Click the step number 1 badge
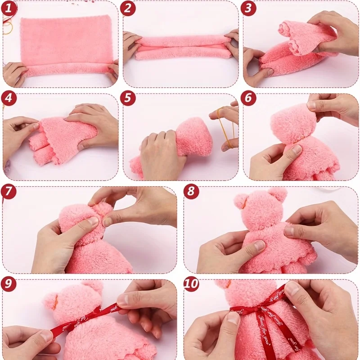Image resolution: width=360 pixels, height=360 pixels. (9, 8)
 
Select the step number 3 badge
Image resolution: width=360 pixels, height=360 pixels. (249, 8)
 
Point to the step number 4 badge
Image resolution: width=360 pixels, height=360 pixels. (9, 99)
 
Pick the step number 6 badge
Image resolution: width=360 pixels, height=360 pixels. (249, 99)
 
